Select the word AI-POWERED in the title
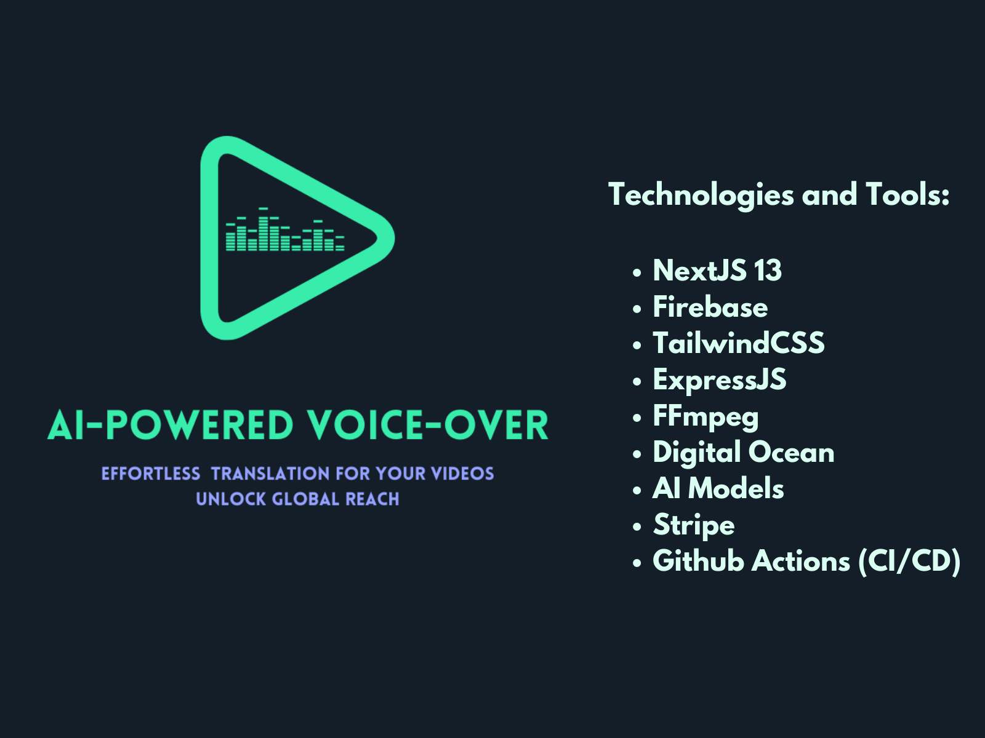tap(171, 426)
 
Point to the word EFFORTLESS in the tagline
tap(151, 474)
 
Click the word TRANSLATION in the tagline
tap(270, 474)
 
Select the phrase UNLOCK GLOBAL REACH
tap(297, 499)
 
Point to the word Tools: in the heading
tap(908, 194)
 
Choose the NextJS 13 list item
tap(717, 271)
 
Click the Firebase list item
tap(710, 307)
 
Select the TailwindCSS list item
tap(738, 343)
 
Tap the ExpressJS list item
tap(719, 379)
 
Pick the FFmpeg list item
tap(706, 417)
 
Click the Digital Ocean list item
tap(743, 453)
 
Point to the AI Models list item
tap(718, 489)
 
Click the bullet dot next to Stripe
tap(637, 526)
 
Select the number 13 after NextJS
tap(768, 271)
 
